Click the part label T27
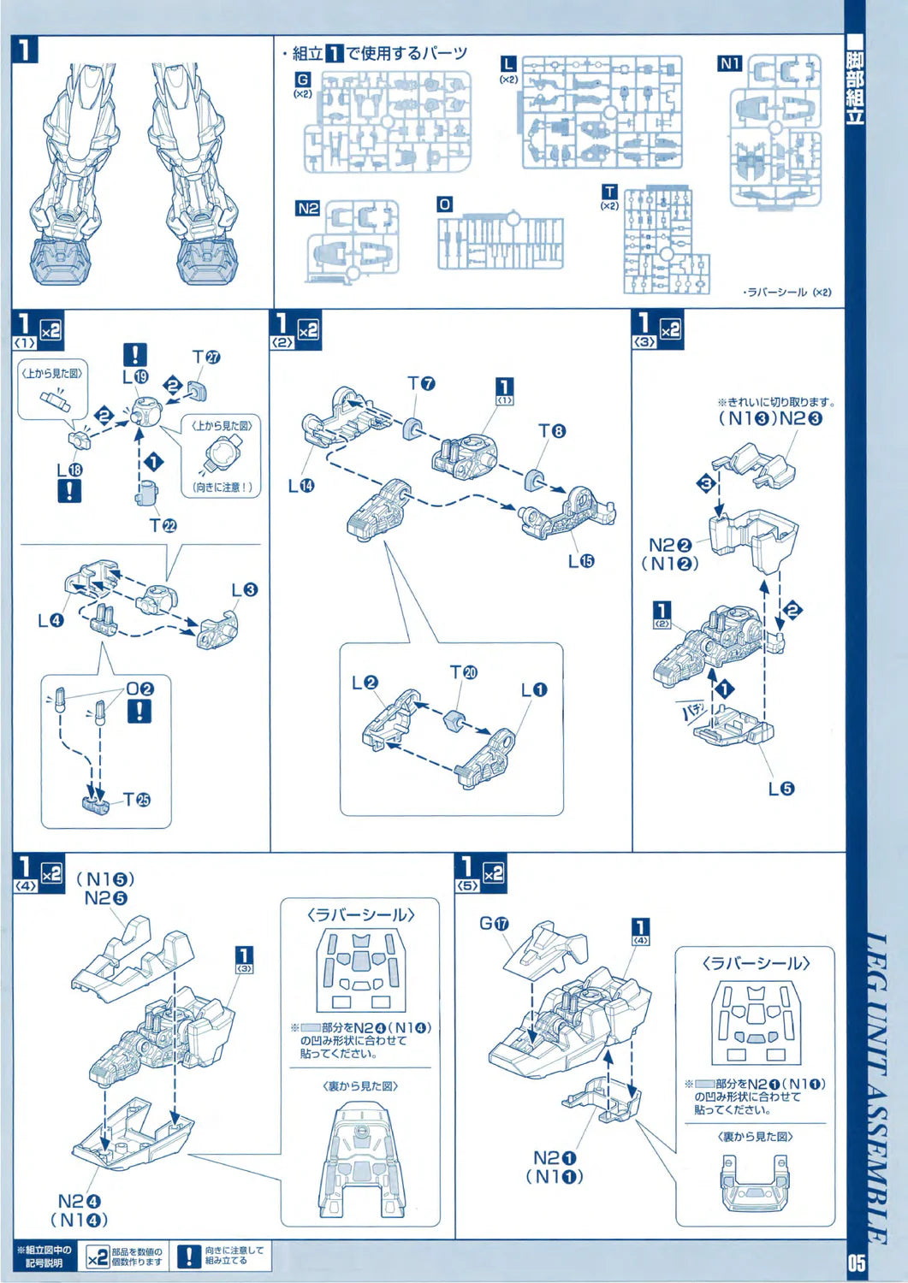pos(206,357)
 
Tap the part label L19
pos(134,376)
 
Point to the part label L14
pos(300,486)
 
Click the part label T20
pos(464,672)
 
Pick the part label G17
pos(494,924)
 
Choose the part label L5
pos(780,789)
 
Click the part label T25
pos(137,800)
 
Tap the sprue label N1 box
pos(729,63)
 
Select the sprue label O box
pos(444,204)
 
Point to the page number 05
pos(857,1262)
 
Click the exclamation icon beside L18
pos(68,491)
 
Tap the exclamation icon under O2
pos(139,711)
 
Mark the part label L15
pos(581,561)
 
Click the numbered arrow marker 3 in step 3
pos(706,483)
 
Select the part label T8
pos(552,431)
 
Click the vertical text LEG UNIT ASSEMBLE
pos(875,1086)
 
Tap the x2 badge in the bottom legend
pos(98,1256)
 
